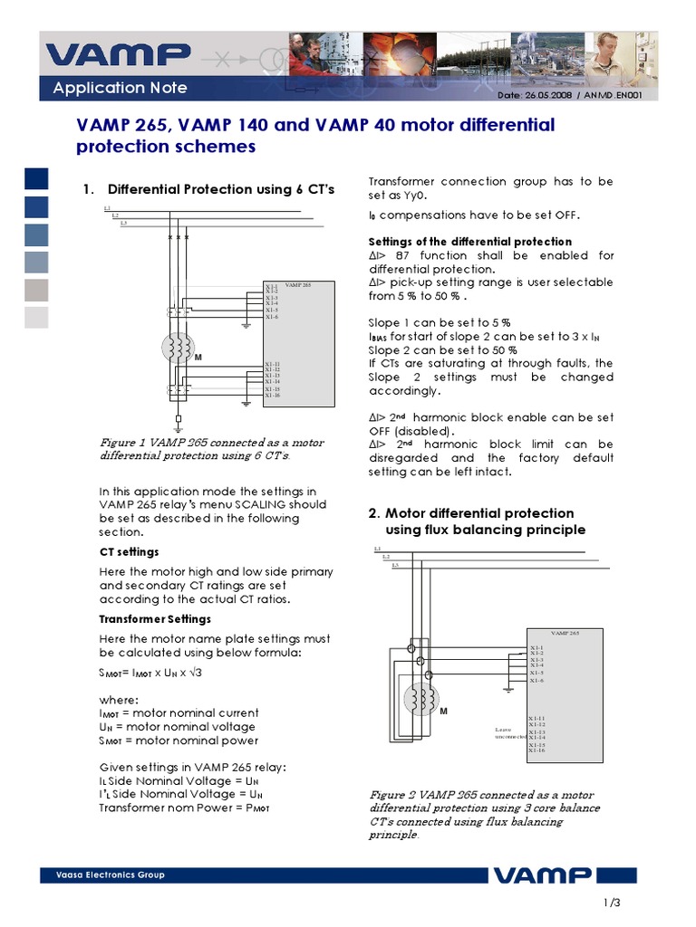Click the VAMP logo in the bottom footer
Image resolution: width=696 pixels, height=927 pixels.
[542, 875]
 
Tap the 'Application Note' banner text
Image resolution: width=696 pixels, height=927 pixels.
[120, 88]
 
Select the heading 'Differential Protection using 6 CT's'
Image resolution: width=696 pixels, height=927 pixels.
[221, 189]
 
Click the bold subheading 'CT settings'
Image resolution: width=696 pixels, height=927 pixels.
[129, 551]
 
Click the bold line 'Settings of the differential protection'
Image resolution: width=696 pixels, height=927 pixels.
[469, 242]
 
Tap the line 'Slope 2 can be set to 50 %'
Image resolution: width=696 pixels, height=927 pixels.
[442, 350]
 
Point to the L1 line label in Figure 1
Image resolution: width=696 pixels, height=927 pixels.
[107, 208]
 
